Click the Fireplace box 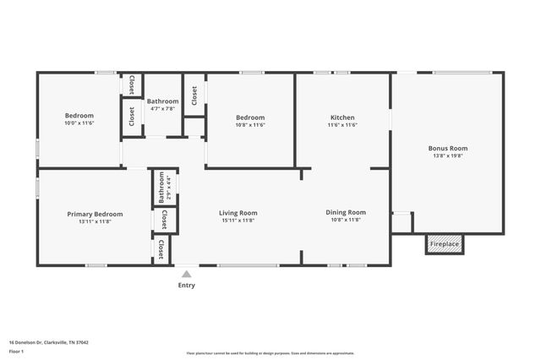[445, 244]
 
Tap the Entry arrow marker [186, 274]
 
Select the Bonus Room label [446, 148]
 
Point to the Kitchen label [342, 117]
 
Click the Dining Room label [346, 212]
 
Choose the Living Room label [238, 213]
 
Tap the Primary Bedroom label [96, 215]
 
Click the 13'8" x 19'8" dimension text [446, 155]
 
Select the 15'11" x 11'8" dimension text [238, 221]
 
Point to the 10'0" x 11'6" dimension [79, 123]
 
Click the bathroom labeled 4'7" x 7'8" [161, 101]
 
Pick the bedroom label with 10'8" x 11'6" [250, 117]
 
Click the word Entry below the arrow [186, 285]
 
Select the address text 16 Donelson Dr [49, 343]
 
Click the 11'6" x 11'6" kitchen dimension [342, 125]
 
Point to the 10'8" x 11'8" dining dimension [346, 220]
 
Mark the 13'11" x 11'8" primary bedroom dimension [96, 222]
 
